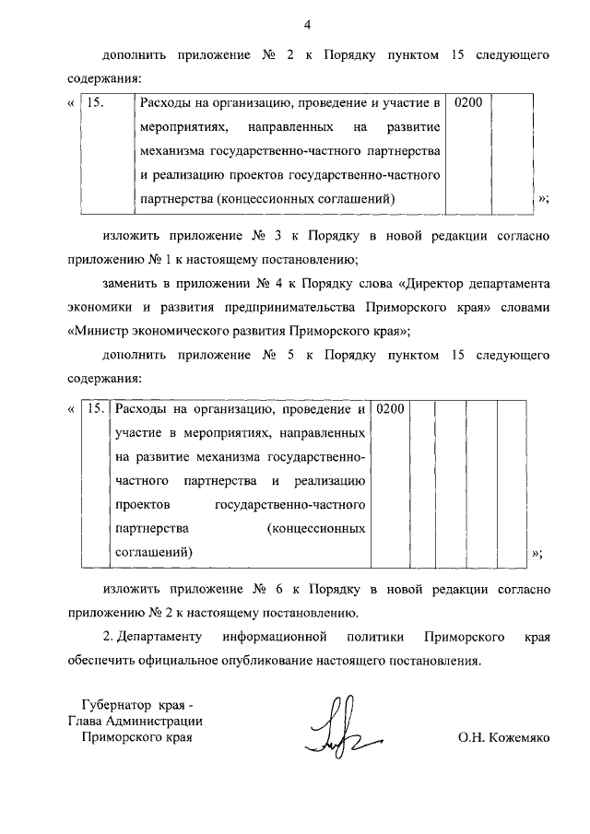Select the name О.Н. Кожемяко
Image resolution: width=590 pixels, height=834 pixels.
click(x=502, y=738)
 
